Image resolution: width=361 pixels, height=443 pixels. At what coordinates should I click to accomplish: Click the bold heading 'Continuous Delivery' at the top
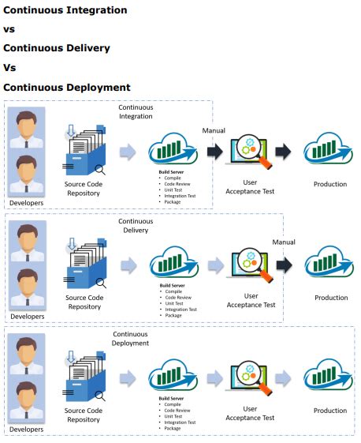click(x=57, y=48)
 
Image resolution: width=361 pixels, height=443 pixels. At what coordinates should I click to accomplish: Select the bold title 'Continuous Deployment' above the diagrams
click(x=67, y=87)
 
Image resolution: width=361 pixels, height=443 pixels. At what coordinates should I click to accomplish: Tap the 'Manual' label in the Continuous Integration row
click(x=214, y=130)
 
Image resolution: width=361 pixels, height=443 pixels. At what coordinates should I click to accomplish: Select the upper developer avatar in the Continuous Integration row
click(x=27, y=128)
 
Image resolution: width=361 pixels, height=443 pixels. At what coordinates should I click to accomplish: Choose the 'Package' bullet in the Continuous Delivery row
click(x=175, y=315)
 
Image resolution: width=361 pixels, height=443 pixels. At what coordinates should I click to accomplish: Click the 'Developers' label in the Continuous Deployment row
click(x=27, y=430)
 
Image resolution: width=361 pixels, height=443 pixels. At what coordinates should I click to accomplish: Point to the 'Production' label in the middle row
click(x=331, y=298)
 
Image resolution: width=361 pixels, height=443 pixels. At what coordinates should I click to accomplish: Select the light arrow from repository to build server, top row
click(x=128, y=152)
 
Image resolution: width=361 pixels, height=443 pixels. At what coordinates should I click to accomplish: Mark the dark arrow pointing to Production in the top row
click(x=283, y=152)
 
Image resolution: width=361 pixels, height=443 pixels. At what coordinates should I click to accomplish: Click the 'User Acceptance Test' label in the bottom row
click(x=251, y=413)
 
